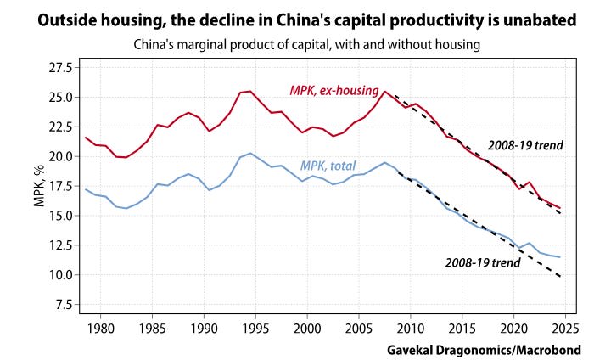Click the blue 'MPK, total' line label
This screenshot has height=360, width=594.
point(339,166)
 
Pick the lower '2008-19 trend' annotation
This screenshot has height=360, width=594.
point(483,262)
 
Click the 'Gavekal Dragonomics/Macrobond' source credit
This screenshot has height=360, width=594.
point(492,348)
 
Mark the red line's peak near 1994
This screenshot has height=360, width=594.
point(250,91)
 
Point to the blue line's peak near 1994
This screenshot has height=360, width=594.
point(250,154)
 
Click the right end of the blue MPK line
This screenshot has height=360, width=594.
point(560,256)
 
